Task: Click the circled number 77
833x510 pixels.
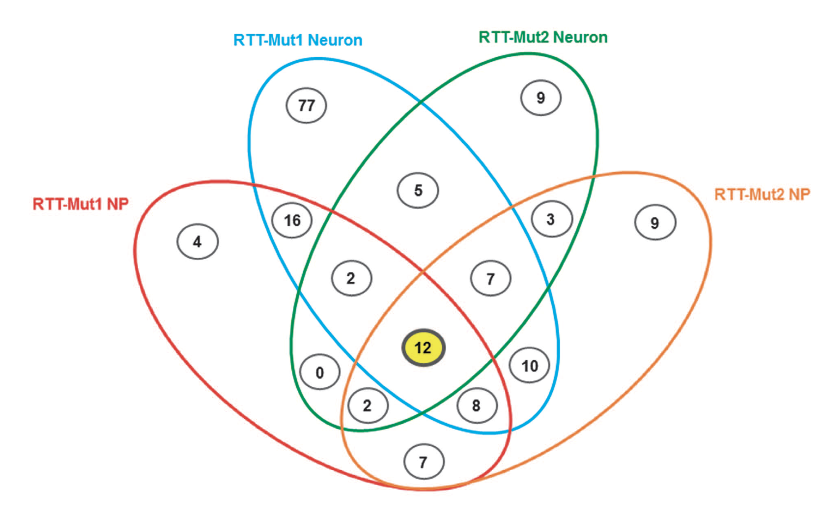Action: click(306, 105)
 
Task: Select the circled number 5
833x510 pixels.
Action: click(418, 190)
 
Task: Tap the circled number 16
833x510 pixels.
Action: click(292, 220)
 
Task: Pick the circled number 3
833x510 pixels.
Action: click(552, 219)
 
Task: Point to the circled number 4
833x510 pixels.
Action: click(197, 242)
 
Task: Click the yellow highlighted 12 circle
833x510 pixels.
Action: click(423, 348)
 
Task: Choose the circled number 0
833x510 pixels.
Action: click(320, 372)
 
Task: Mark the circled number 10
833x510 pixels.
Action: click(530, 366)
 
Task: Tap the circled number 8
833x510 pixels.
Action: click(477, 405)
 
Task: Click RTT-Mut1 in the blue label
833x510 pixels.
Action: click(268, 40)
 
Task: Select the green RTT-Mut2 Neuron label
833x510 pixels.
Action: click(543, 37)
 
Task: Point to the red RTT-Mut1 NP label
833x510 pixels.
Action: click(81, 204)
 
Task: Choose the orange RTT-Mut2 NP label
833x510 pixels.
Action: click(762, 195)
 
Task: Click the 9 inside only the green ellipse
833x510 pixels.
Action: click(541, 98)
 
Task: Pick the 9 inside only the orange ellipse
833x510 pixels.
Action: click(655, 223)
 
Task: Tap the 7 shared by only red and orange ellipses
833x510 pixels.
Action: click(424, 462)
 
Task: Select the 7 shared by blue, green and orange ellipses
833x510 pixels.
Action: click(491, 279)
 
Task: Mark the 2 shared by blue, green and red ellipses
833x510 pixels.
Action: click(351, 278)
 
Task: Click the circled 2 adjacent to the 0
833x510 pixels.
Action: click(368, 405)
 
